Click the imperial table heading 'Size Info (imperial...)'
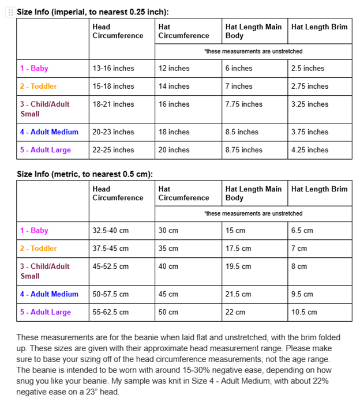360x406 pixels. (92, 12)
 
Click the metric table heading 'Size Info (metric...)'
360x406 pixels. (84, 174)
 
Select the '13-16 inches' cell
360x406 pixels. (113, 68)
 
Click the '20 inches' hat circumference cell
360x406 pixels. (174, 150)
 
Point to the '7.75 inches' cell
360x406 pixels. (243, 104)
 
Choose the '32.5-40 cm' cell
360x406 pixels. (111, 231)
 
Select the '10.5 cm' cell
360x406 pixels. (304, 312)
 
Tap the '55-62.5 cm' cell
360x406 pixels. (111, 312)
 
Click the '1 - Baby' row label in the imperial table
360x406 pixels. (34, 68)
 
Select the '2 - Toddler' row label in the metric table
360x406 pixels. (38, 249)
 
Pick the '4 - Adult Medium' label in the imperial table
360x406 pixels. (49, 132)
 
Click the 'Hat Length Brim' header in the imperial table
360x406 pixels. (319, 27)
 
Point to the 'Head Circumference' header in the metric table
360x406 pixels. (118, 193)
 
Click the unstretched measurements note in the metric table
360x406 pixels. (253, 213)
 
